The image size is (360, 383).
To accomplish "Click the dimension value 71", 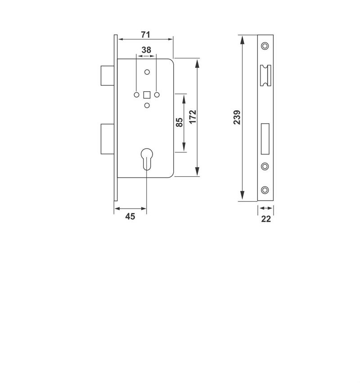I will click(x=145, y=35).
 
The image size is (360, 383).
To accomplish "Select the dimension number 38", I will click(x=146, y=50).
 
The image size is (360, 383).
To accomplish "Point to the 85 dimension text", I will click(x=179, y=122).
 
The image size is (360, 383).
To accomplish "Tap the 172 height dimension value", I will click(x=193, y=117).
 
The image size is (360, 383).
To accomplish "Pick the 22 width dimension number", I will click(x=266, y=219).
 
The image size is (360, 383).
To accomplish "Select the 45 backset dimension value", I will click(x=130, y=217).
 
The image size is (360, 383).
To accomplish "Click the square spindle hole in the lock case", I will click(x=147, y=95).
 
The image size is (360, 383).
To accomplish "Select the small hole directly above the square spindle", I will click(x=147, y=72).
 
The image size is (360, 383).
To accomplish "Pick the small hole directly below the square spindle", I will click(x=147, y=106).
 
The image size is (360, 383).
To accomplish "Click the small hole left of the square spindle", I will click(x=136, y=95).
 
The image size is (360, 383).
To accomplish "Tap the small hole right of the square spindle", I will click(x=157, y=95).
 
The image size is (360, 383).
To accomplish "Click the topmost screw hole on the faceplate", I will click(x=265, y=46).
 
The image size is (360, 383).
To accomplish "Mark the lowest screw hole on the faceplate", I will click(x=265, y=190).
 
